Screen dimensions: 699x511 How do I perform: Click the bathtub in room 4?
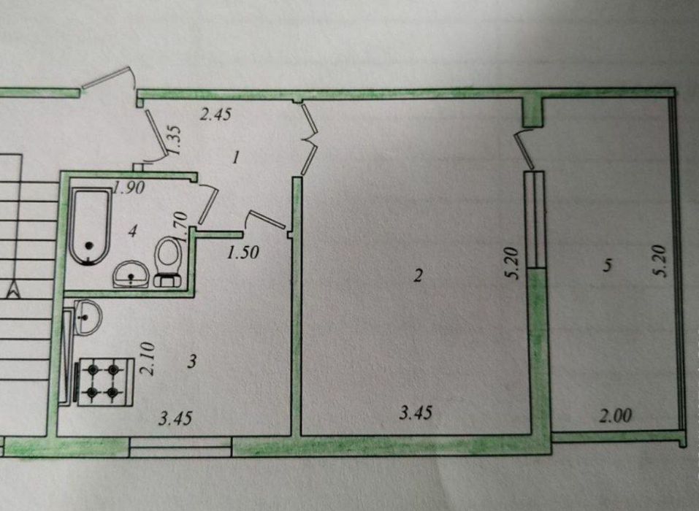click(x=91, y=226)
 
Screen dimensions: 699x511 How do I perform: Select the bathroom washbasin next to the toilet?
click(x=131, y=274)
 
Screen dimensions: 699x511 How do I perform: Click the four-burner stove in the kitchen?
click(x=106, y=382)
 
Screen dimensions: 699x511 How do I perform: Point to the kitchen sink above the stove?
click(x=88, y=318)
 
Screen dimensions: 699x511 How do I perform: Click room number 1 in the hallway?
click(x=236, y=157)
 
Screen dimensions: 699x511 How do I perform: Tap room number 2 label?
click(x=418, y=276)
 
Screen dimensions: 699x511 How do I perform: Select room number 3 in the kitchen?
click(x=191, y=361)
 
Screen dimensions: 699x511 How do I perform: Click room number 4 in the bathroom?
click(x=131, y=231)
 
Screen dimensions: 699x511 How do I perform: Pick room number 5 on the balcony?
click(x=607, y=266)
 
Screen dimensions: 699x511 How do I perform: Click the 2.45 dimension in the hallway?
click(x=215, y=115)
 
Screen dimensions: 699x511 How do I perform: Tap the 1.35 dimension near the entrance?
click(x=175, y=139)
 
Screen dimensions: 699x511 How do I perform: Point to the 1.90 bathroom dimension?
click(x=129, y=188)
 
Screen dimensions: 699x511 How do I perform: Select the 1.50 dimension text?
click(x=243, y=253)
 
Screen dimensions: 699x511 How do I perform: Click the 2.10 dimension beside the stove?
click(x=149, y=358)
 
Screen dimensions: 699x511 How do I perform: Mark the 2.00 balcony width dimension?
click(x=615, y=416)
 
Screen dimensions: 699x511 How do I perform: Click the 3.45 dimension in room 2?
click(x=416, y=413)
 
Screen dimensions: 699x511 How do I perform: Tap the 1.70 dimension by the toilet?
click(x=180, y=225)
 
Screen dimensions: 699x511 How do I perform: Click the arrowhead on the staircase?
click(x=15, y=290)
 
